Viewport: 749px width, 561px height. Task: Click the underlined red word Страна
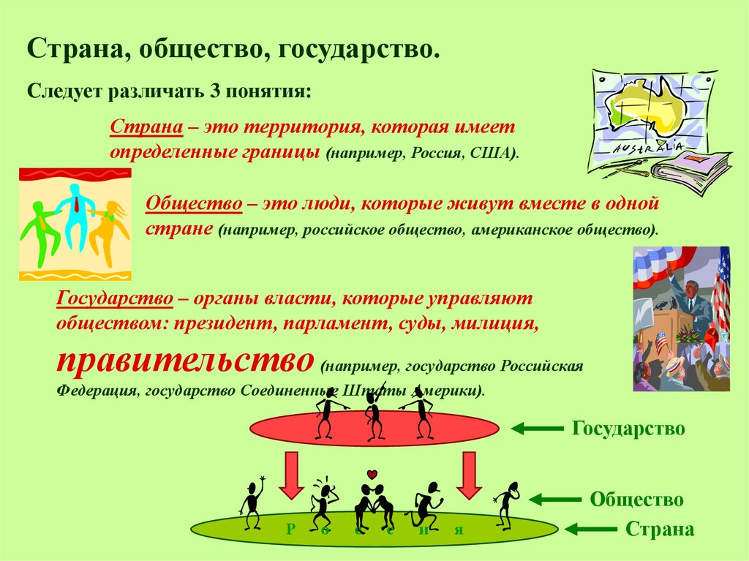tap(146, 127)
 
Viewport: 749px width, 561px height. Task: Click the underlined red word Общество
tap(194, 203)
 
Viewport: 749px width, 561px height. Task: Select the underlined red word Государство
tap(115, 298)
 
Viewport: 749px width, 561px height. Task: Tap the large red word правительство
tap(185, 361)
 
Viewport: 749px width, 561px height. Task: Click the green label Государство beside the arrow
tap(628, 428)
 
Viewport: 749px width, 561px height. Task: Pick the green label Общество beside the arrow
tap(636, 500)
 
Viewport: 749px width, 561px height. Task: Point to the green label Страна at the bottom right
tap(660, 530)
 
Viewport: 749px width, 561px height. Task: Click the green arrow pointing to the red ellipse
tap(537, 429)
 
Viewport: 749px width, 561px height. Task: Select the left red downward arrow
tap(291, 475)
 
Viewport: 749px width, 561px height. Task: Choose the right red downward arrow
tap(469, 475)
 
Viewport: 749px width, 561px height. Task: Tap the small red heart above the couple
tap(372, 475)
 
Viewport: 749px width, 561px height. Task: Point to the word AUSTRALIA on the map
tap(649, 148)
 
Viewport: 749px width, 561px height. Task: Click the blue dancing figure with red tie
tap(75, 215)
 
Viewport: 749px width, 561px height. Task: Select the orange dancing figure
tap(108, 232)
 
